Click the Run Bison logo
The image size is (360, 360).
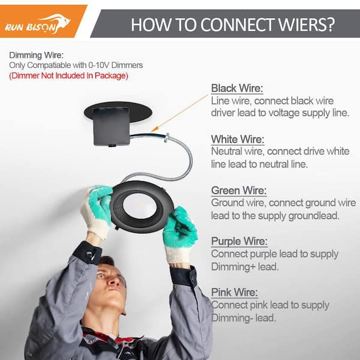(x=38, y=25)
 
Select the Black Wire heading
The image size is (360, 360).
(x=237, y=88)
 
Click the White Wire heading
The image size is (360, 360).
(x=238, y=139)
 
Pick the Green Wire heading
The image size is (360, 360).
(x=239, y=191)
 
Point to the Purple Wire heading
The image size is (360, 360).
(x=239, y=241)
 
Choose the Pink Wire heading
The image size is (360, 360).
(x=235, y=293)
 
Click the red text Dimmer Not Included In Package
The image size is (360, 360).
(x=68, y=76)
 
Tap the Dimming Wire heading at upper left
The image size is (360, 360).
(x=36, y=55)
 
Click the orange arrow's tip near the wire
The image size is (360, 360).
(x=152, y=131)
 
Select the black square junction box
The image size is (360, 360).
(x=112, y=126)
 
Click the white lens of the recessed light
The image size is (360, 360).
(x=140, y=206)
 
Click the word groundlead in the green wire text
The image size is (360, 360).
(x=314, y=216)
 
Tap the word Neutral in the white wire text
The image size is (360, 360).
(x=226, y=152)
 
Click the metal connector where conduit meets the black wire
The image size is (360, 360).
(x=167, y=137)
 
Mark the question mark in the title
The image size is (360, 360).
(x=330, y=25)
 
